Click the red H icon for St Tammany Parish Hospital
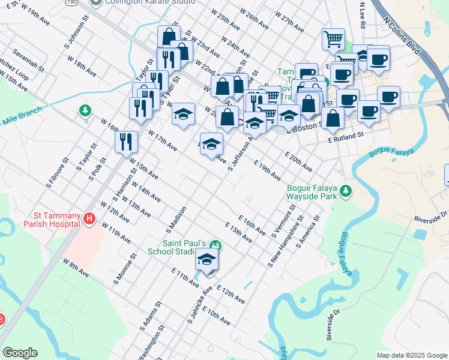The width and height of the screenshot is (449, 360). (x=89, y=219)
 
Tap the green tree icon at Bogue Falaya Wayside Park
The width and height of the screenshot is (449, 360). (x=345, y=191)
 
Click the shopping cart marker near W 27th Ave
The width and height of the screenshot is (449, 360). (x=333, y=40)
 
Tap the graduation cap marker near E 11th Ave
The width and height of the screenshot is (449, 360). (x=206, y=260)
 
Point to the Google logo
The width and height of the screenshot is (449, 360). (x=20, y=352)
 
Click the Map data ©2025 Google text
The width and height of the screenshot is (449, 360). (x=411, y=355)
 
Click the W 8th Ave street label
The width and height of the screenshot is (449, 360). (x=76, y=268)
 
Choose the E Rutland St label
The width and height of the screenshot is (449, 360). (x=346, y=137)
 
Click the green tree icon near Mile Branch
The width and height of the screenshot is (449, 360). (x=85, y=110)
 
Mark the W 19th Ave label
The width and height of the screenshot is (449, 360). (x=35, y=16)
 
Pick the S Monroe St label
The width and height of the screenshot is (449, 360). (x=125, y=269)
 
